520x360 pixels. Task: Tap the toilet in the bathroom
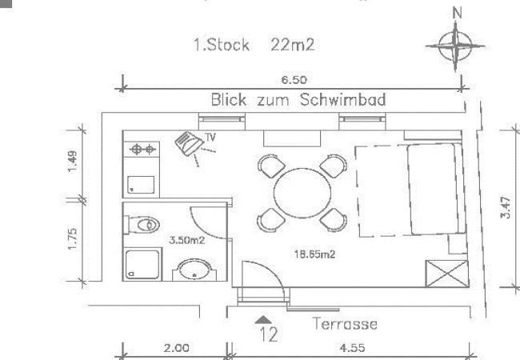(x=145, y=225)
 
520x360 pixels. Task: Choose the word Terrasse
(x=344, y=324)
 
